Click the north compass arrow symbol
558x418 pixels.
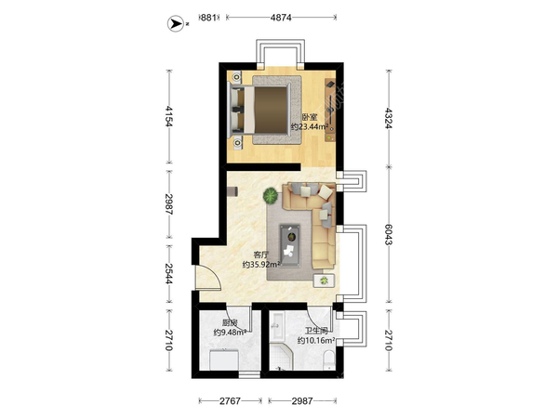(176, 24)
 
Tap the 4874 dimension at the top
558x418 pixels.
(281, 17)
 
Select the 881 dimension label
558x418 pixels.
(208, 17)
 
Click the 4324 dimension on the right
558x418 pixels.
(389, 118)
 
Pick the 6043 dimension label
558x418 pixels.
(389, 235)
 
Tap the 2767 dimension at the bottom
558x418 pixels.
(230, 401)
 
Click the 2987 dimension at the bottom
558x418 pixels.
(302, 401)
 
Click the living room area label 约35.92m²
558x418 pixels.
(261, 265)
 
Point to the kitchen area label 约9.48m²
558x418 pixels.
(230, 333)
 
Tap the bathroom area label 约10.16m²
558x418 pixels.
(316, 341)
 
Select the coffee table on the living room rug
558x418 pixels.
(289, 245)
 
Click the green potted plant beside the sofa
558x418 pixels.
(271, 195)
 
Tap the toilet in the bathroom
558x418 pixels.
(329, 359)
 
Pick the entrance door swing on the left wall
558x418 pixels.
(208, 278)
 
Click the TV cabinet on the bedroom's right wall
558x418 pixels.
(330, 110)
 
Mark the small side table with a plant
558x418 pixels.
(324, 281)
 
